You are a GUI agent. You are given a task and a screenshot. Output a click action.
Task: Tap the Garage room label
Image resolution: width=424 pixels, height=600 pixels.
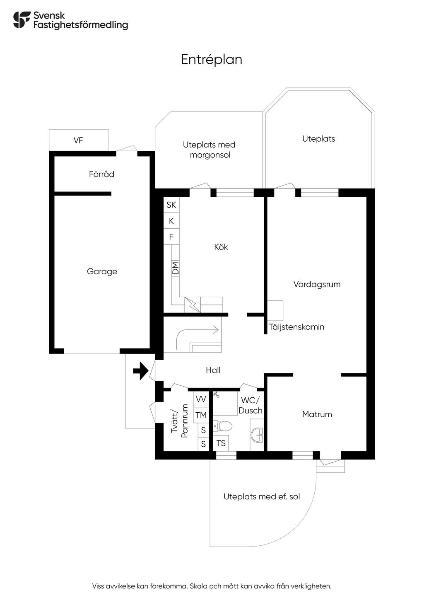[x=102, y=271]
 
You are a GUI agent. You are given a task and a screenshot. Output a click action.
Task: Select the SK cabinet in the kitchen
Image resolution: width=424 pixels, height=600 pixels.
[x=171, y=205]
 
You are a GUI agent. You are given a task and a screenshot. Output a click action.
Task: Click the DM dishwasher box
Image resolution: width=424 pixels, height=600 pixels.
[x=175, y=268]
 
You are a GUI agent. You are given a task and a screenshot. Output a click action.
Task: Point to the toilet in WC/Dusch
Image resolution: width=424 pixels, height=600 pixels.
[x=222, y=426]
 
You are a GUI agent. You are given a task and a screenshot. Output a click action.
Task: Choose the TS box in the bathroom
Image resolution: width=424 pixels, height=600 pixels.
[x=221, y=443]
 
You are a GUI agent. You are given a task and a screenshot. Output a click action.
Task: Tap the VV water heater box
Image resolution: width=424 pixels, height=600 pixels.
[x=201, y=399]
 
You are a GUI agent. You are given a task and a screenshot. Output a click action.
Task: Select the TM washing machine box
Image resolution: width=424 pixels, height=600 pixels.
[x=201, y=415]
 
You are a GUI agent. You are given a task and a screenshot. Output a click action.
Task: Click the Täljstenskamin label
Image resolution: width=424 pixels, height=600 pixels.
[x=296, y=327]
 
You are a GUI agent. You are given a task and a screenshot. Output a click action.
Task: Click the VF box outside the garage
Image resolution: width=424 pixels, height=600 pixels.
[x=79, y=140]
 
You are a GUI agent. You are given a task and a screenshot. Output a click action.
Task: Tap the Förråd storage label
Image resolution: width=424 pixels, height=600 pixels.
[x=102, y=174]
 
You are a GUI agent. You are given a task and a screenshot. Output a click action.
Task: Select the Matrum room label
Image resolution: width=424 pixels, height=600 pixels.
[x=317, y=414]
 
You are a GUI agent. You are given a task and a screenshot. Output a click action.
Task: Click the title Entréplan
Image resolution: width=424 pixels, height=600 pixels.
[x=212, y=60]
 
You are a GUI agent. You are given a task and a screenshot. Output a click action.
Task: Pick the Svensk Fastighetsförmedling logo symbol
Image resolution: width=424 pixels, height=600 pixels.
[x=22, y=20]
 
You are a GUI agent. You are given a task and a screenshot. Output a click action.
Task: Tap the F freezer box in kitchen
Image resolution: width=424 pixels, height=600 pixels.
[x=171, y=237]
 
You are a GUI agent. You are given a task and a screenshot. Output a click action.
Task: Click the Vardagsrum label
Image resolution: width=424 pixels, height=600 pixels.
[x=317, y=284]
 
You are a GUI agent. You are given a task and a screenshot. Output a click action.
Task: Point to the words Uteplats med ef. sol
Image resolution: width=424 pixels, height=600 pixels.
[x=262, y=496]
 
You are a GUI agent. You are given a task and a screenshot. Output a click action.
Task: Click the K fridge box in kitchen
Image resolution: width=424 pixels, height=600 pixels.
[x=171, y=221]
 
